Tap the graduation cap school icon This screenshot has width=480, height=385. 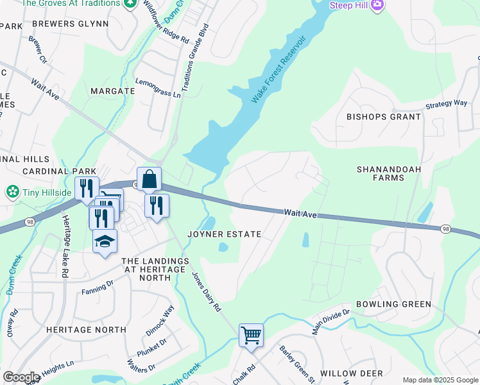click(x=105, y=242)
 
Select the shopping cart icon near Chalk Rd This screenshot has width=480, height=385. click(x=251, y=334)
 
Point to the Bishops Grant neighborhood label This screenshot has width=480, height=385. click(x=384, y=117)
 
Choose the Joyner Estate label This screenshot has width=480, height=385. click(x=224, y=234)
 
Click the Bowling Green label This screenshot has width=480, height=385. click(x=393, y=304)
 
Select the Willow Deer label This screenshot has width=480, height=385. click(x=351, y=373)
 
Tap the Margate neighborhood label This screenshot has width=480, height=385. click(x=112, y=91)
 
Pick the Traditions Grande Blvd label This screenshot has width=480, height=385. click(x=194, y=58)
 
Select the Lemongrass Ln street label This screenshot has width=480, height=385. click(x=158, y=88)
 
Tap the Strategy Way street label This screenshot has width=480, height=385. click(x=446, y=103)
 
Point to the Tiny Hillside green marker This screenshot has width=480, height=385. click(x=12, y=192)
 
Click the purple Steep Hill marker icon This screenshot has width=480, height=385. click(x=377, y=6)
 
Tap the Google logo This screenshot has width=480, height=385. click(x=21, y=377)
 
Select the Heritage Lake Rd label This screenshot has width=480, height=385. click(x=65, y=237)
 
